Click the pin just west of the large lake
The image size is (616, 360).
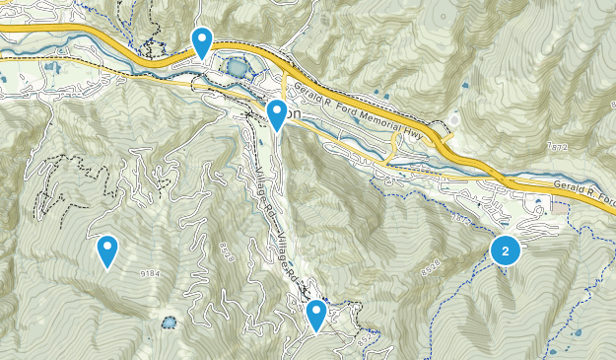pos(202,41)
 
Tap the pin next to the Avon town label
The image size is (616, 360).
pos(278,114)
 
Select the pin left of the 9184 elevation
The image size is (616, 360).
pos(107,252)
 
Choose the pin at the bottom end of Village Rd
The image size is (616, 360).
pos(316,316)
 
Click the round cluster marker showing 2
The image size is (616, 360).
pos(506,252)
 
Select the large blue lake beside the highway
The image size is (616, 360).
pos(238,68)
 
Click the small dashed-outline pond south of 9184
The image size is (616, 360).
pos(170,322)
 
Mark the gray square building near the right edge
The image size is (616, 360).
pos(561,208)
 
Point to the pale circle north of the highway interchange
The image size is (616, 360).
pos(454,122)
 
